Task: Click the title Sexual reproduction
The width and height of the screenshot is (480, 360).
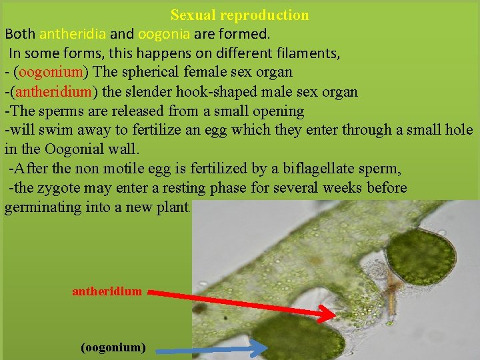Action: [239, 15]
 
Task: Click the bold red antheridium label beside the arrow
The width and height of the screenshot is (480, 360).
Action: [107, 291]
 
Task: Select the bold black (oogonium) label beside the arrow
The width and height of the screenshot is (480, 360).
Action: [113, 347]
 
